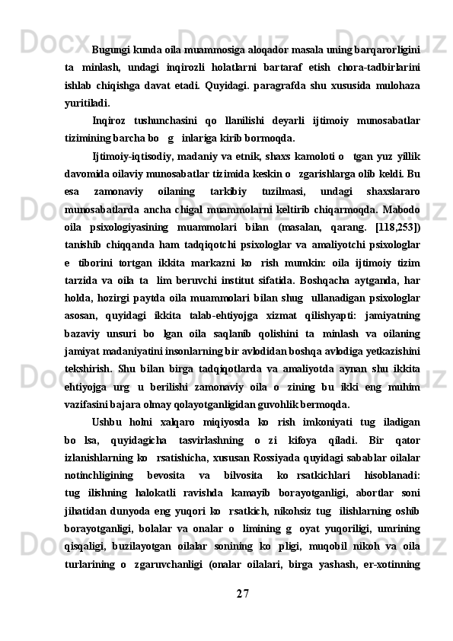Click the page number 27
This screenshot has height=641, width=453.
click(x=243, y=592)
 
